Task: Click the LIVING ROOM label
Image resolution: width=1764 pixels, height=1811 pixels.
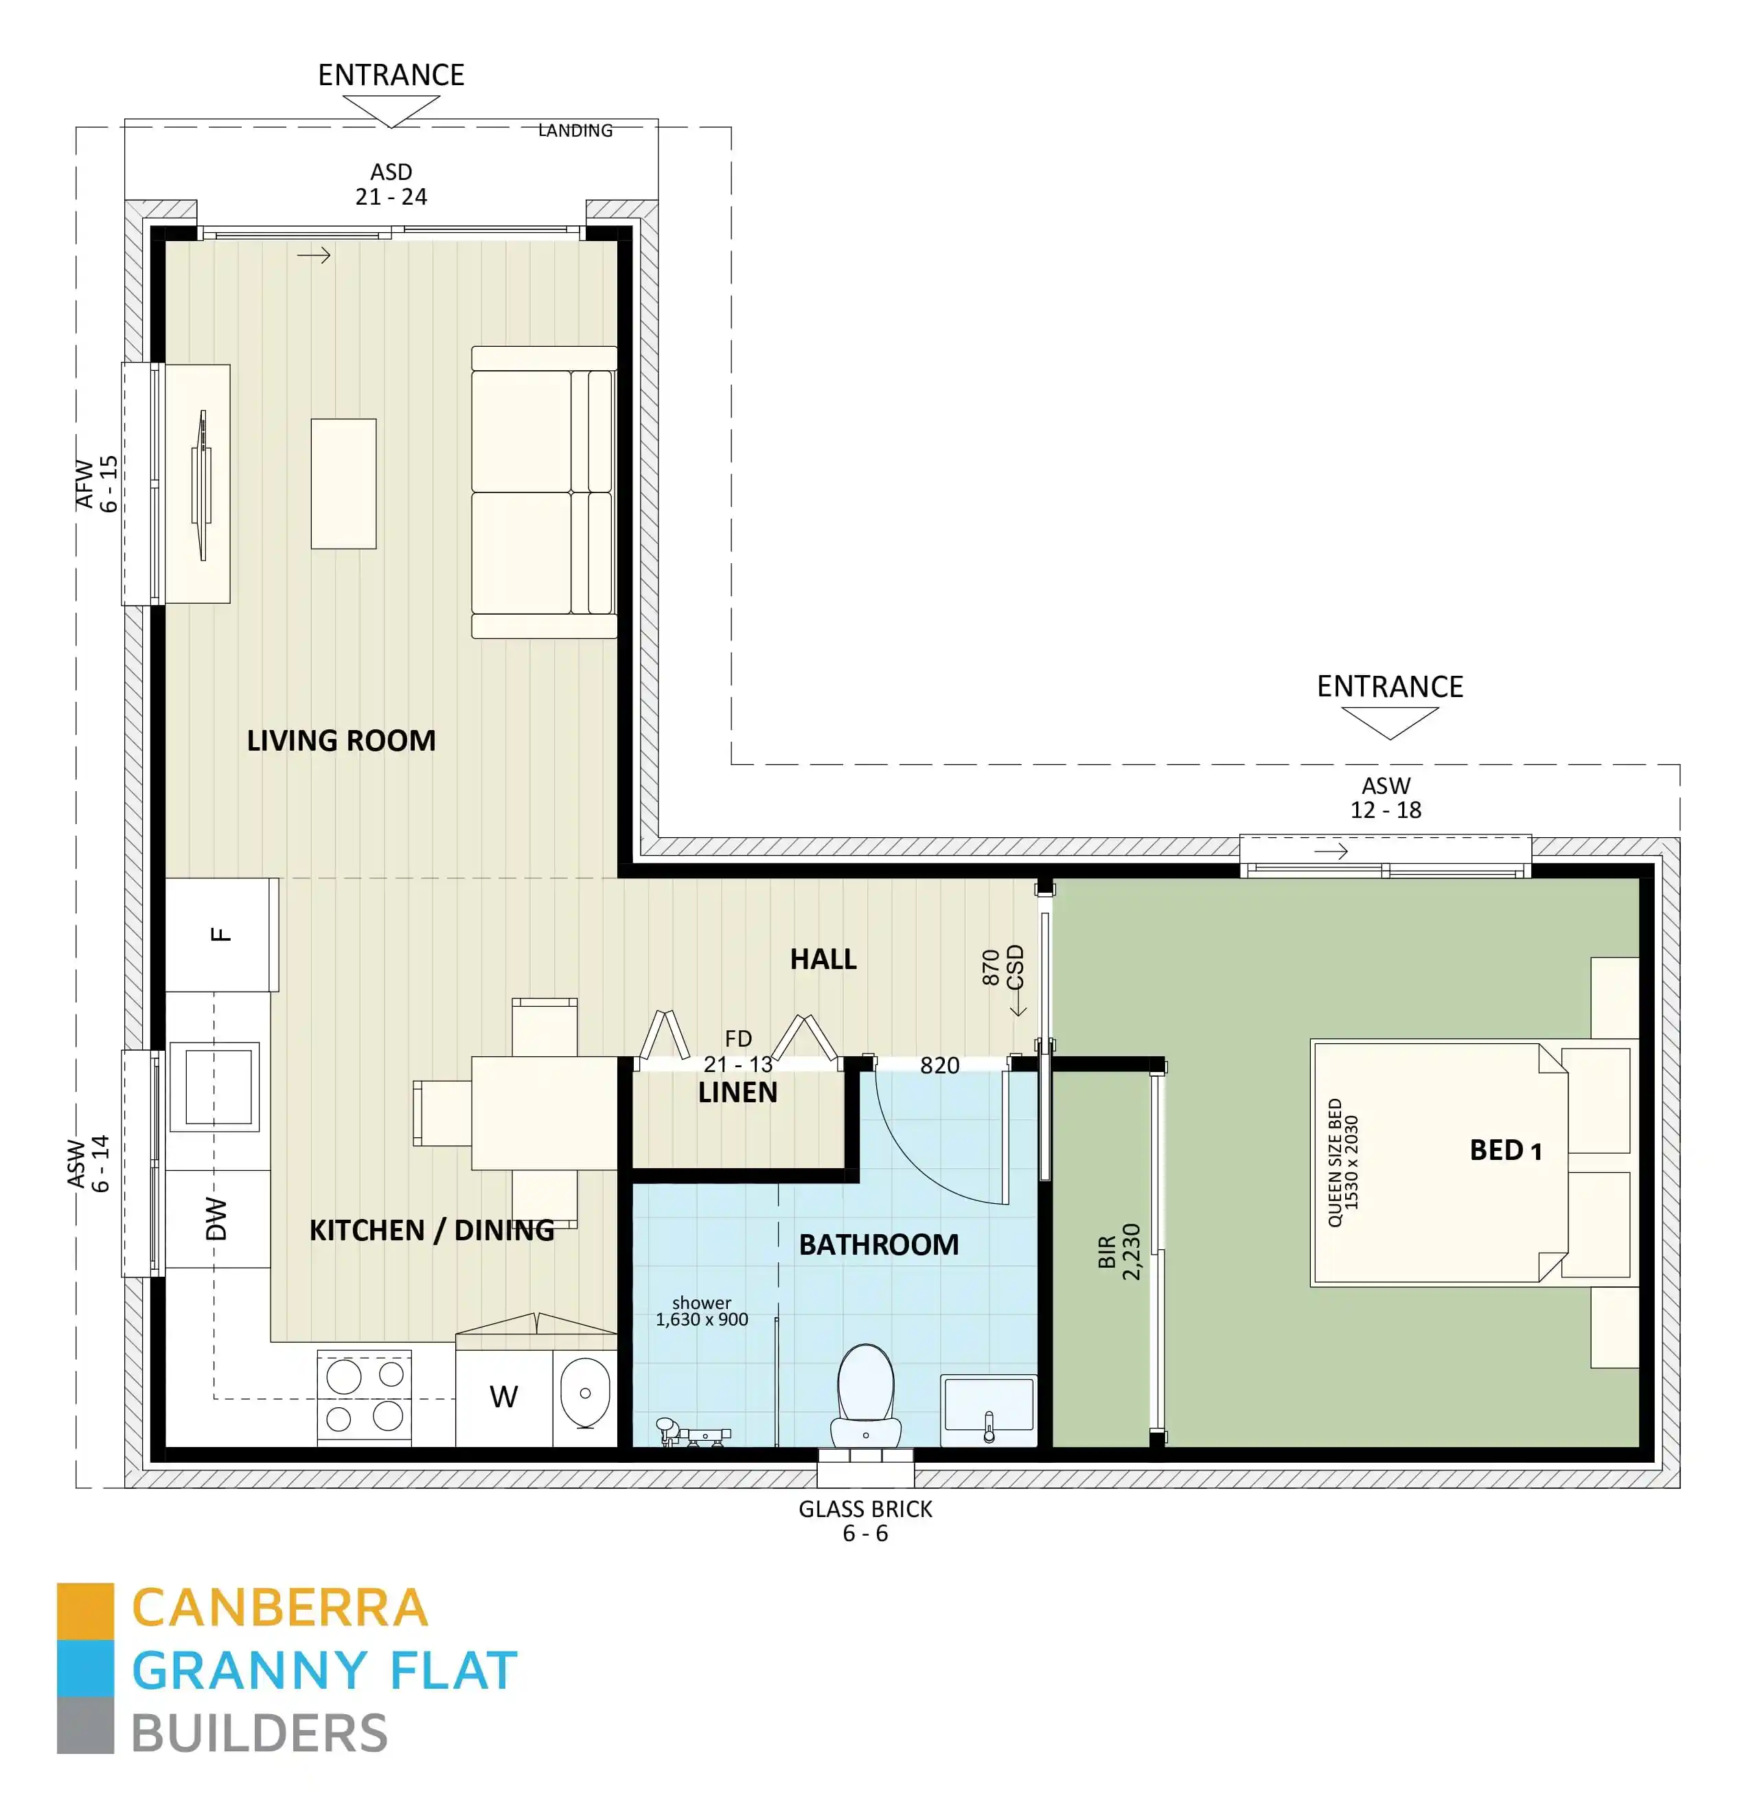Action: [x=341, y=740]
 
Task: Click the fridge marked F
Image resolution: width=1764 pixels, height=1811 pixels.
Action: [x=220, y=934]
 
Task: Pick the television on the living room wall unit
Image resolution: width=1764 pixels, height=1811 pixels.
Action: [x=201, y=483]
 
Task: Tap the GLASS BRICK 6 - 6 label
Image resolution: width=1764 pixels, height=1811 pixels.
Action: [x=865, y=1521]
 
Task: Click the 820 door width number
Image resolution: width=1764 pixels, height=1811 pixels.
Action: [x=939, y=1066]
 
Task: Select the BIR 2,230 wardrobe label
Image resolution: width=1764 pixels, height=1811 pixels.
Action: [x=1119, y=1252]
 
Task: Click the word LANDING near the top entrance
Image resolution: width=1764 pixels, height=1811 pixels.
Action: [x=575, y=130]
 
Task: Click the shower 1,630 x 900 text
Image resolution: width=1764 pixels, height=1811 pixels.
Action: [x=701, y=1312]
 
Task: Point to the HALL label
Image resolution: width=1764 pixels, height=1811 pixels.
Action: [x=823, y=959]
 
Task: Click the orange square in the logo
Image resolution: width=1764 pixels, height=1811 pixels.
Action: [x=85, y=1610]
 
